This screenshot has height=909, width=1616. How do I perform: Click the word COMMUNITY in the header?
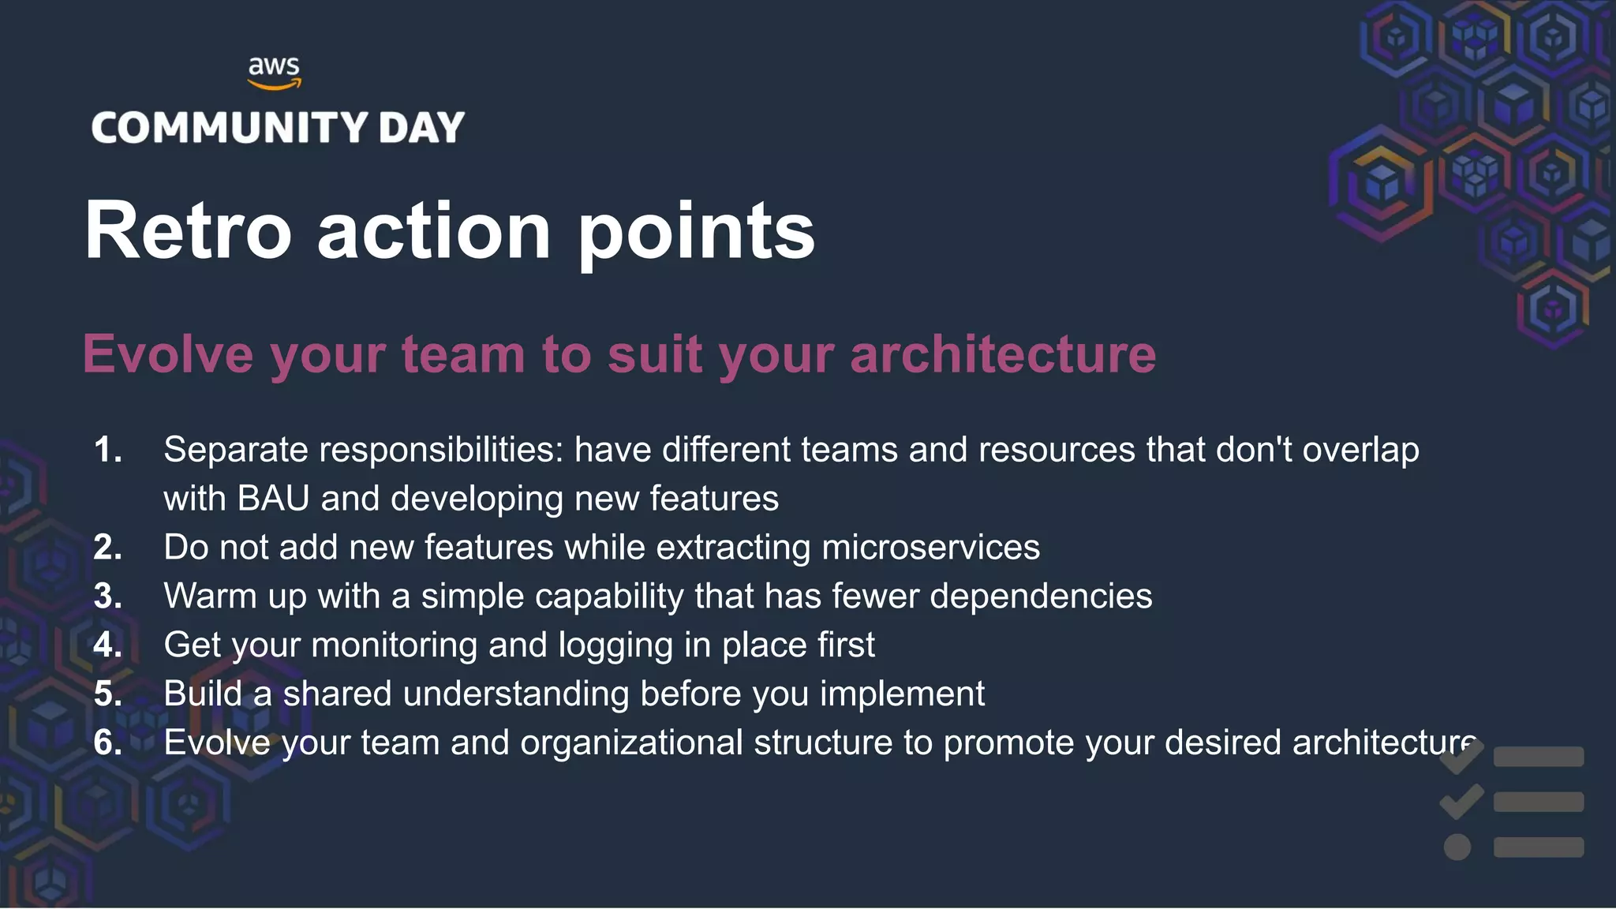click(x=230, y=128)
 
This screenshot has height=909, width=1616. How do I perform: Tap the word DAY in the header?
click(x=421, y=128)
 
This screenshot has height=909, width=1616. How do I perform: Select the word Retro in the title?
click(x=188, y=230)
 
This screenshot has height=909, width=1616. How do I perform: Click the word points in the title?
click(x=697, y=232)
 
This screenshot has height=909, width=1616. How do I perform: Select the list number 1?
click(x=107, y=450)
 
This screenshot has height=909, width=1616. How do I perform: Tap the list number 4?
click(x=107, y=645)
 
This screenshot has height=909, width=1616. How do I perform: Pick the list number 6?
click(x=107, y=743)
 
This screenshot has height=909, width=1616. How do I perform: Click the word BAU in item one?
click(x=273, y=499)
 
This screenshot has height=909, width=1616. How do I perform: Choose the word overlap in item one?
click(x=1360, y=450)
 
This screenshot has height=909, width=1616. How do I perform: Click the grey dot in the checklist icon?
click(x=1457, y=847)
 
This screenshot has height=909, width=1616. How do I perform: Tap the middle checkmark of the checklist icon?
click(x=1461, y=801)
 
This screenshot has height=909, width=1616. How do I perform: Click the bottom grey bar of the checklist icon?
click(x=1539, y=847)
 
